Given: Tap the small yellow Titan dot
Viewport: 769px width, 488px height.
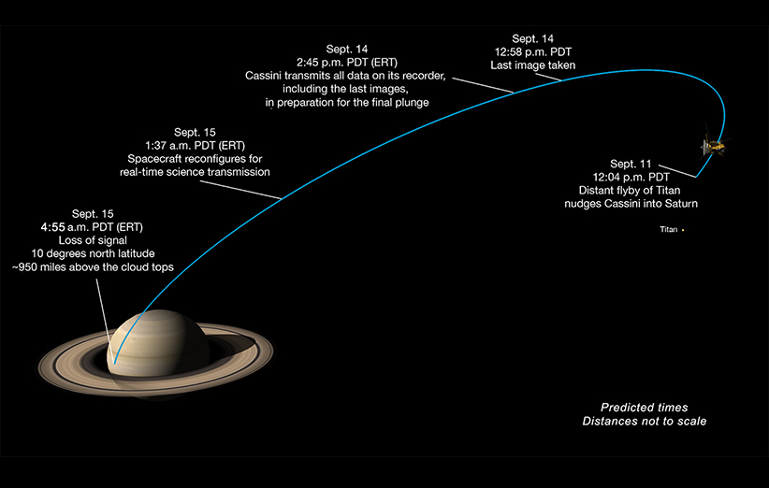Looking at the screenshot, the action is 683,230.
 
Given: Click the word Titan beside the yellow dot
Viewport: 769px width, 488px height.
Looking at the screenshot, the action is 669,229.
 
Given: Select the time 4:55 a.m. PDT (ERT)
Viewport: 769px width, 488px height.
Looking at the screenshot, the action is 92,227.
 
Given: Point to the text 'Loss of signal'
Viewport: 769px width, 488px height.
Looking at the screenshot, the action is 93,240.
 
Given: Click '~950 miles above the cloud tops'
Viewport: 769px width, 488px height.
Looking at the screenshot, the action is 93,267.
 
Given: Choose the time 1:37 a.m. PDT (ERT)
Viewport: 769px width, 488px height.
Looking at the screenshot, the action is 195,146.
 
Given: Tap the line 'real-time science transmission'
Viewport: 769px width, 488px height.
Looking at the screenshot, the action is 195,172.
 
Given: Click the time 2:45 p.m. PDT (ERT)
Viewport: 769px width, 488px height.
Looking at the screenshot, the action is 347,63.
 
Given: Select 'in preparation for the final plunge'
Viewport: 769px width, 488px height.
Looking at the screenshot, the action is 347,103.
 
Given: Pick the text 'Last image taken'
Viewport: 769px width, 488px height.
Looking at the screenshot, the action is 533,65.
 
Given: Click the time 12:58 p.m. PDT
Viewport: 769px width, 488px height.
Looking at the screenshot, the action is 533,52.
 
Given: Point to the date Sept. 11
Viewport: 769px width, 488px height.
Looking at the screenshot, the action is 631,164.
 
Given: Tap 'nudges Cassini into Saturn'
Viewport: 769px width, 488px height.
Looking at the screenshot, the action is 631,204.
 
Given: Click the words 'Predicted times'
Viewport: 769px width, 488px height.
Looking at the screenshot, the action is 645,408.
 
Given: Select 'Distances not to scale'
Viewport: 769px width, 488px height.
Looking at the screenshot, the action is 645,422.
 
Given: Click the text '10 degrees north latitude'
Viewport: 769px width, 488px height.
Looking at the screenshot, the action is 93,253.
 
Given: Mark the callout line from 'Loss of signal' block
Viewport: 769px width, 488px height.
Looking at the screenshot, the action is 106,322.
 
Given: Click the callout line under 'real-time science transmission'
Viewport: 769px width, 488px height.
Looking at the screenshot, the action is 240,190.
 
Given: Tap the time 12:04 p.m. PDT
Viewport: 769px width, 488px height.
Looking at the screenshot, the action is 631,177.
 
